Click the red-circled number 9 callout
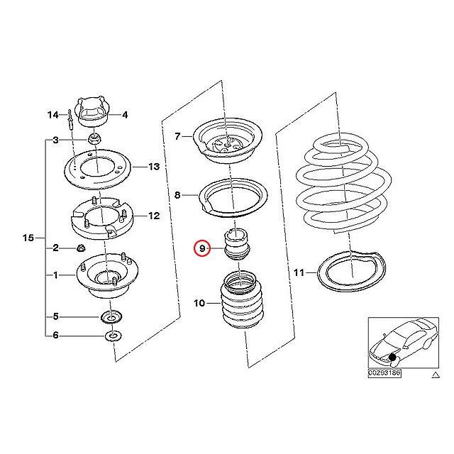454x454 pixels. [x=202, y=248]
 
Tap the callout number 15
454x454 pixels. [x=28, y=236]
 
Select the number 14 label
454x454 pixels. [x=53, y=114]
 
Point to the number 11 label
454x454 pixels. [x=298, y=272]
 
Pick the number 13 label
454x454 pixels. [x=154, y=167]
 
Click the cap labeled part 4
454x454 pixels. [x=94, y=111]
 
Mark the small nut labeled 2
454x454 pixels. [x=81, y=248]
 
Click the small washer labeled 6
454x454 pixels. [x=113, y=335]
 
